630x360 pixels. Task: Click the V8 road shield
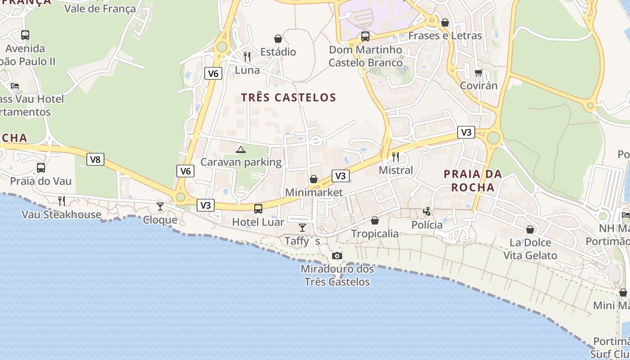coord(95,159)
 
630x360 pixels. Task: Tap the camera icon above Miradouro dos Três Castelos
coord(337,256)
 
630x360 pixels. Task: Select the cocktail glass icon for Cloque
coord(160,207)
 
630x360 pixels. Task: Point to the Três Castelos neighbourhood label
coord(288,98)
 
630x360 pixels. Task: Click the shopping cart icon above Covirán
coord(478,72)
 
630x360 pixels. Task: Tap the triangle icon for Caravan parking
coord(241,149)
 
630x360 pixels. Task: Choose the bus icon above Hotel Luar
coord(258,209)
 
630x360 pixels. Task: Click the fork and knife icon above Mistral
coord(396,157)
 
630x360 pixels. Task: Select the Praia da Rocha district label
coord(472,180)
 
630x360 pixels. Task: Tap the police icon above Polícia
coord(427,211)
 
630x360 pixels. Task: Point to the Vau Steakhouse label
coord(62,215)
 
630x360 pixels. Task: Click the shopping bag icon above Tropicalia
coord(374,220)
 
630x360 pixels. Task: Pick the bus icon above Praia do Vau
coord(41,168)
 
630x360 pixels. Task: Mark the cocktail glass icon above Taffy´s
coord(302,228)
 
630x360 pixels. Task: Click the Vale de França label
coord(100,9)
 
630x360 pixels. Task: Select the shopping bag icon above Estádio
coord(278,39)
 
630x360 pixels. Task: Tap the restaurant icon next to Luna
coord(247,57)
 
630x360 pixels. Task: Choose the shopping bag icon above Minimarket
coord(314,180)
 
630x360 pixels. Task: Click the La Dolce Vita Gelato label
coord(530,249)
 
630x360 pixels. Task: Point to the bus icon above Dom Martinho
coord(365,36)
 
